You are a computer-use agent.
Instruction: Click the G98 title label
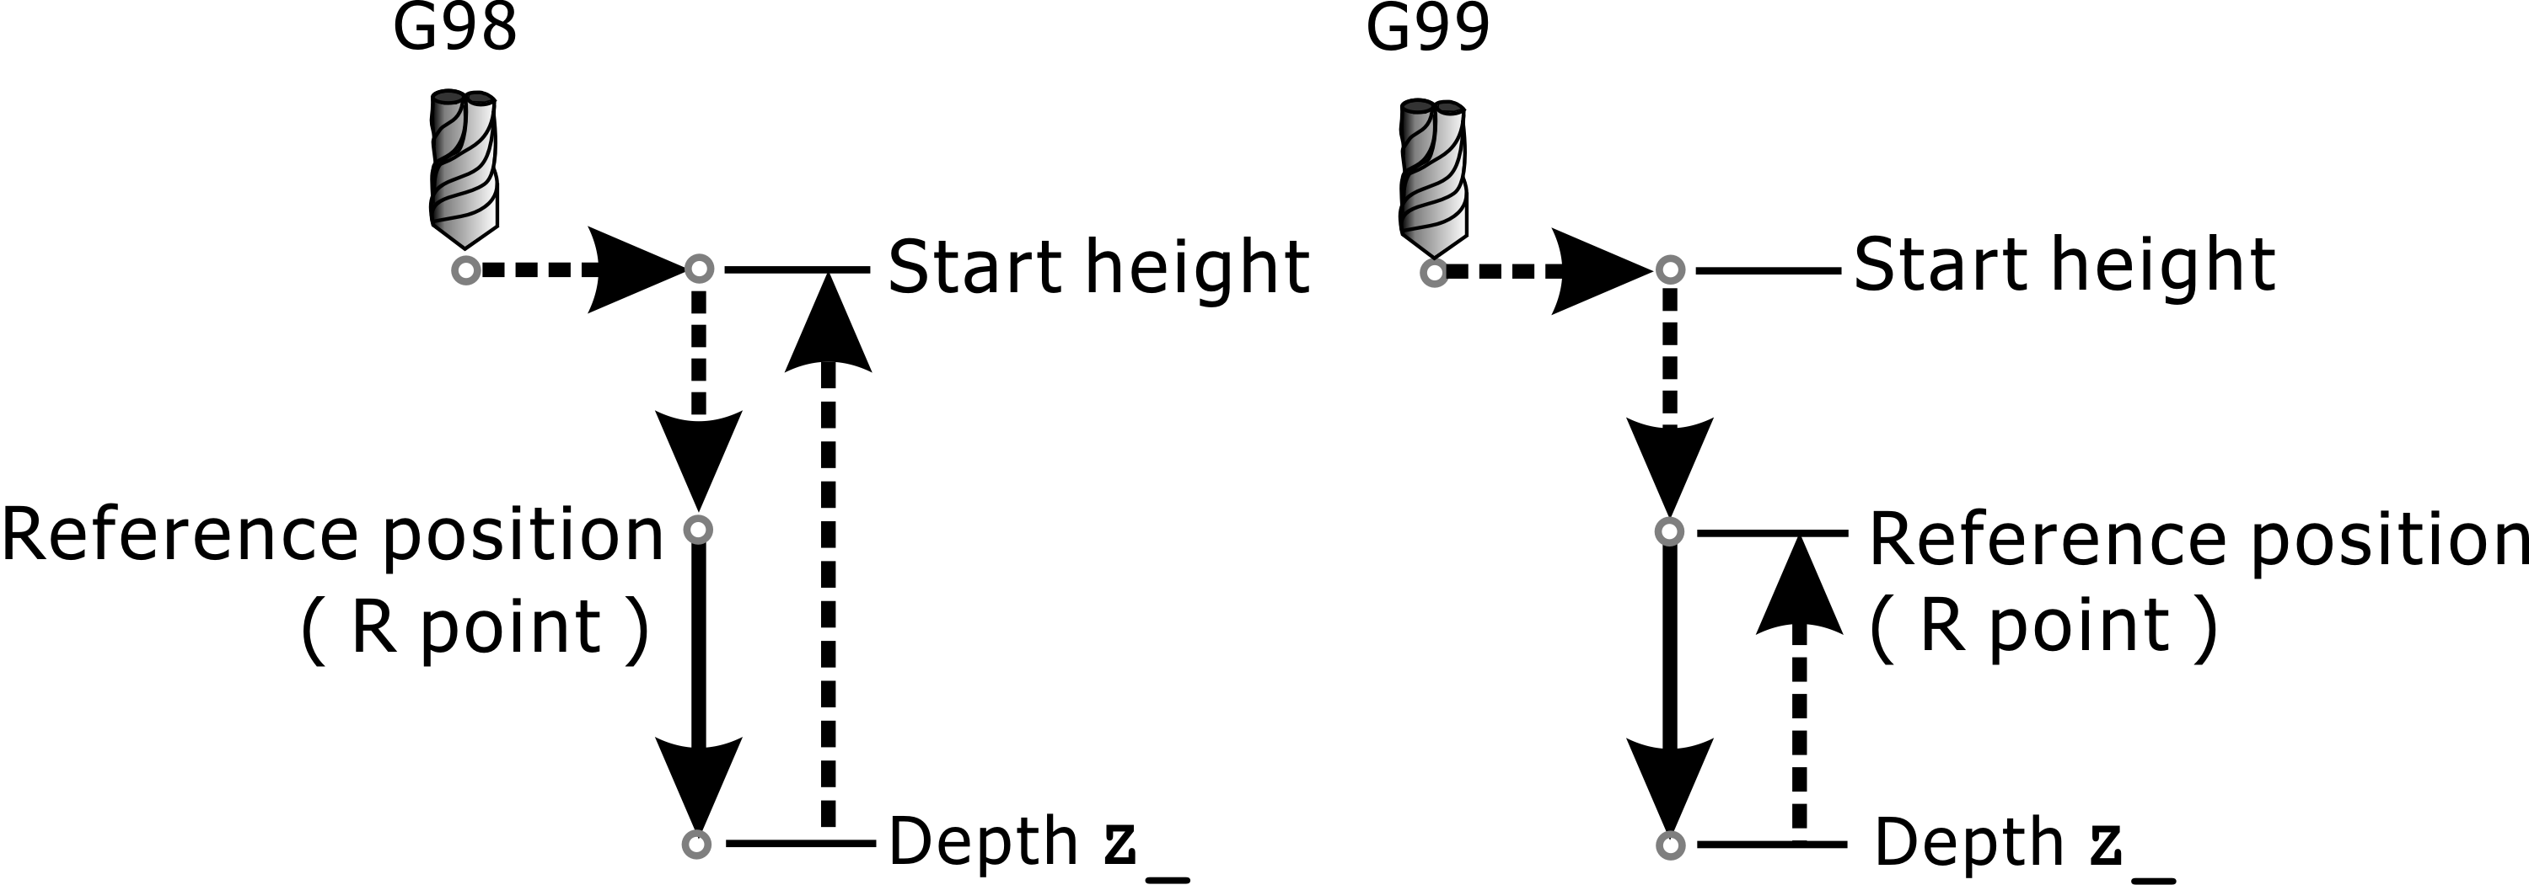[454, 29]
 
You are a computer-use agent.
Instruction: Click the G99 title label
[1427, 29]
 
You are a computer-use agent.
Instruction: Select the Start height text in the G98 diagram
[1098, 268]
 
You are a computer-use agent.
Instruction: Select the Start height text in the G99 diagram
[2065, 266]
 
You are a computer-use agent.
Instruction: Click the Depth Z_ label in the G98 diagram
[1038, 843]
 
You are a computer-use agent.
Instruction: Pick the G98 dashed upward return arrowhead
[829, 324]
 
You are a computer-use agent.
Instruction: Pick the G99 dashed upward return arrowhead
[1799, 586]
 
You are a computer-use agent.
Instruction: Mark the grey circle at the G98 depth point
[696, 844]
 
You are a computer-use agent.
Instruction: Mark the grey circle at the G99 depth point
[1670, 845]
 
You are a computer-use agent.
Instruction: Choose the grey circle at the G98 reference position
[697, 530]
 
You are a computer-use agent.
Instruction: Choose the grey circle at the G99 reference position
[1669, 532]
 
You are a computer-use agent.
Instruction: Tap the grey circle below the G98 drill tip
[465, 269]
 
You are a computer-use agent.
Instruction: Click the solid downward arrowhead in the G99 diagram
[1670, 785]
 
